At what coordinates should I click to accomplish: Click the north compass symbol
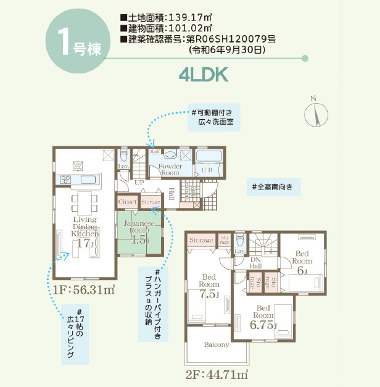pos(315,113)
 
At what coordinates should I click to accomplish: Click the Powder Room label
pos(170,170)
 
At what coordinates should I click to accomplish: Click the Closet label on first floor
pos(128,202)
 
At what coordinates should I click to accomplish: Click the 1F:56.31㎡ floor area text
pos(83,288)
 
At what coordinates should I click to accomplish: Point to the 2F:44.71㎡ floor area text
pos(217,373)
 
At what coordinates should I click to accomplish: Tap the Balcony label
pos(217,344)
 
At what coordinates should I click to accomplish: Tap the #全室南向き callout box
pos(276,186)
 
